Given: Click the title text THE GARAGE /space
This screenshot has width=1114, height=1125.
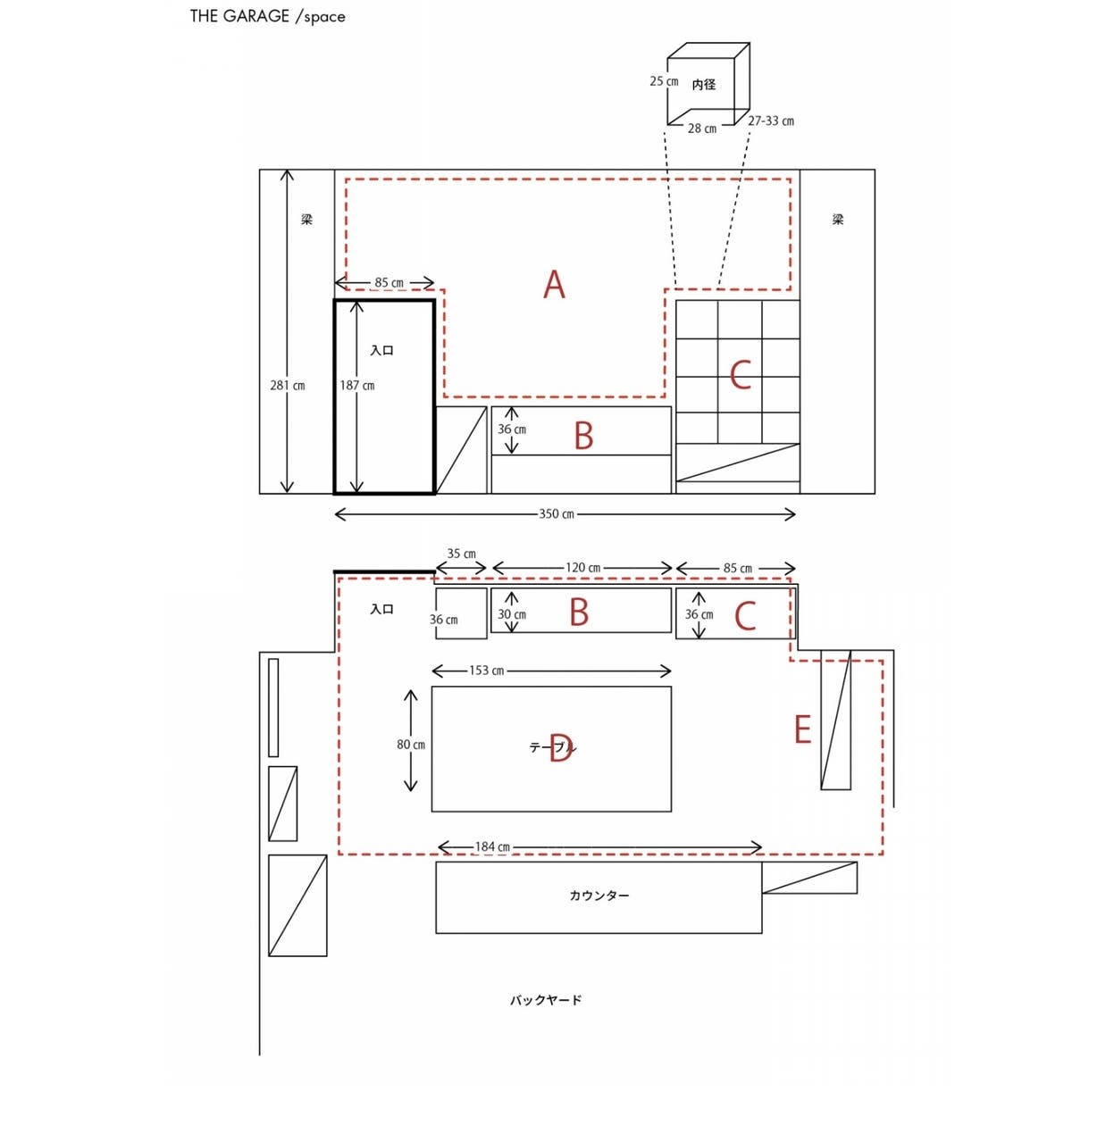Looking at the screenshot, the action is pyautogui.click(x=267, y=16).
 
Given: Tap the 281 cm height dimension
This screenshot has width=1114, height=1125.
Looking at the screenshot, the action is pyautogui.click(x=287, y=386).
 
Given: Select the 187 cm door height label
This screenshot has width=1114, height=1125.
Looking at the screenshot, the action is pyautogui.click(x=357, y=386).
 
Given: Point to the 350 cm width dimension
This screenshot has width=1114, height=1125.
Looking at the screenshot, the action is pyautogui.click(x=557, y=513).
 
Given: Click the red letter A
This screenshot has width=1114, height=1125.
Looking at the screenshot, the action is pyautogui.click(x=554, y=285).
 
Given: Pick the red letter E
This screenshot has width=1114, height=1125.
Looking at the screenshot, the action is pyautogui.click(x=802, y=729).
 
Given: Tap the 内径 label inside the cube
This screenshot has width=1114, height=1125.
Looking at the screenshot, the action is pyautogui.click(x=703, y=85).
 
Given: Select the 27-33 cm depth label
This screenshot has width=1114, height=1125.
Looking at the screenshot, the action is pyautogui.click(x=771, y=121).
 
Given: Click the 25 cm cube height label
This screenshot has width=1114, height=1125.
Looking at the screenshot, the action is pyautogui.click(x=664, y=81).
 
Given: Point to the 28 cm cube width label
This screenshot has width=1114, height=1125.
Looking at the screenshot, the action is pyautogui.click(x=701, y=129).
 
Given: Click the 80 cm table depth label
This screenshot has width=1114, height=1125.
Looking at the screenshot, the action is pyautogui.click(x=411, y=745).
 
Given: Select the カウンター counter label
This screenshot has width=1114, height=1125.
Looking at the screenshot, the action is pyautogui.click(x=599, y=896).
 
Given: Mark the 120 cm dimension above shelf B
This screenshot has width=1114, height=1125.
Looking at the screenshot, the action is pyautogui.click(x=582, y=568).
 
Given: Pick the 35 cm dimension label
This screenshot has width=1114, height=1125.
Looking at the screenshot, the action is pyautogui.click(x=461, y=554).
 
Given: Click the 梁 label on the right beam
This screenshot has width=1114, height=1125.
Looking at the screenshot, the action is pyautogui.click(x=838, y=220).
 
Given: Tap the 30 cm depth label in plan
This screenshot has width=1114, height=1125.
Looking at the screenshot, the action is pyautogui.click(x=512, y=614).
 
